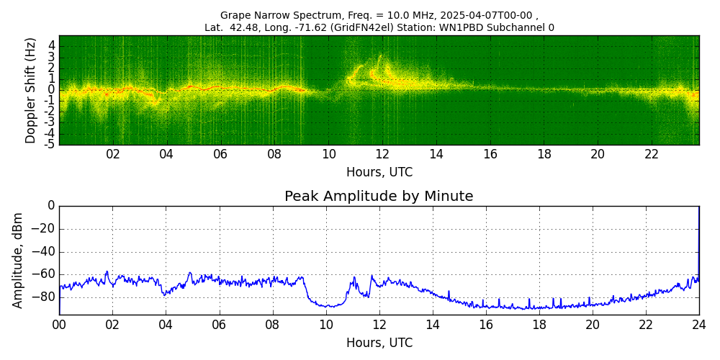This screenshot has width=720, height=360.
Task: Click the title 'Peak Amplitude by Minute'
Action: coord(379,197)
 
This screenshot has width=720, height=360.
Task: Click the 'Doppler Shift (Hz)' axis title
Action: coord(31,90)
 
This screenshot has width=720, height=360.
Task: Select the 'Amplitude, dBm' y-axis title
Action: coord(18,260)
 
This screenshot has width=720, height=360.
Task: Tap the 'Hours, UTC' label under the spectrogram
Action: coord(379,173)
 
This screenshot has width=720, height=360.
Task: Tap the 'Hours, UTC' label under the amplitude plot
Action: coord(379,343)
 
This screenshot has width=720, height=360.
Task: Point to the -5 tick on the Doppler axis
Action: coord(50,144)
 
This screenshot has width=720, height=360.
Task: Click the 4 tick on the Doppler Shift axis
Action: coord(52,45)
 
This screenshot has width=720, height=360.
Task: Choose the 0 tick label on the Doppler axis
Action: coord(52,89)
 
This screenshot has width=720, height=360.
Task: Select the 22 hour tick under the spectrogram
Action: coord(652,154)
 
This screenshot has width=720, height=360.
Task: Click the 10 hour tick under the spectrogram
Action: coord(328,154)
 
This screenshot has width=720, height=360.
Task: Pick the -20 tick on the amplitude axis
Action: coord(45,229)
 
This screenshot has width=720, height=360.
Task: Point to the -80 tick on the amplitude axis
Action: coord(45,297)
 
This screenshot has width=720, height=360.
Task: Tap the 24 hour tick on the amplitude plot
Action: coord(699,325)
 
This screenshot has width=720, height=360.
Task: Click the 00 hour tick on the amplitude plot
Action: coord(59,325)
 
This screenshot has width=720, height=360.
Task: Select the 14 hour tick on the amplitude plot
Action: coord(432,325)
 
